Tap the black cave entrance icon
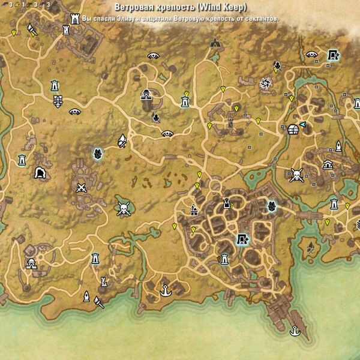coord(41,173)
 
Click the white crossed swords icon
coord(82,187)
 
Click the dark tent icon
coord(214,43)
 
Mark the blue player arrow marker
coord(304,124)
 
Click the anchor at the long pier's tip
coord(295,330)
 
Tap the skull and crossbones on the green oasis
coord(123,209)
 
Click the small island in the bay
coord(312,246)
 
